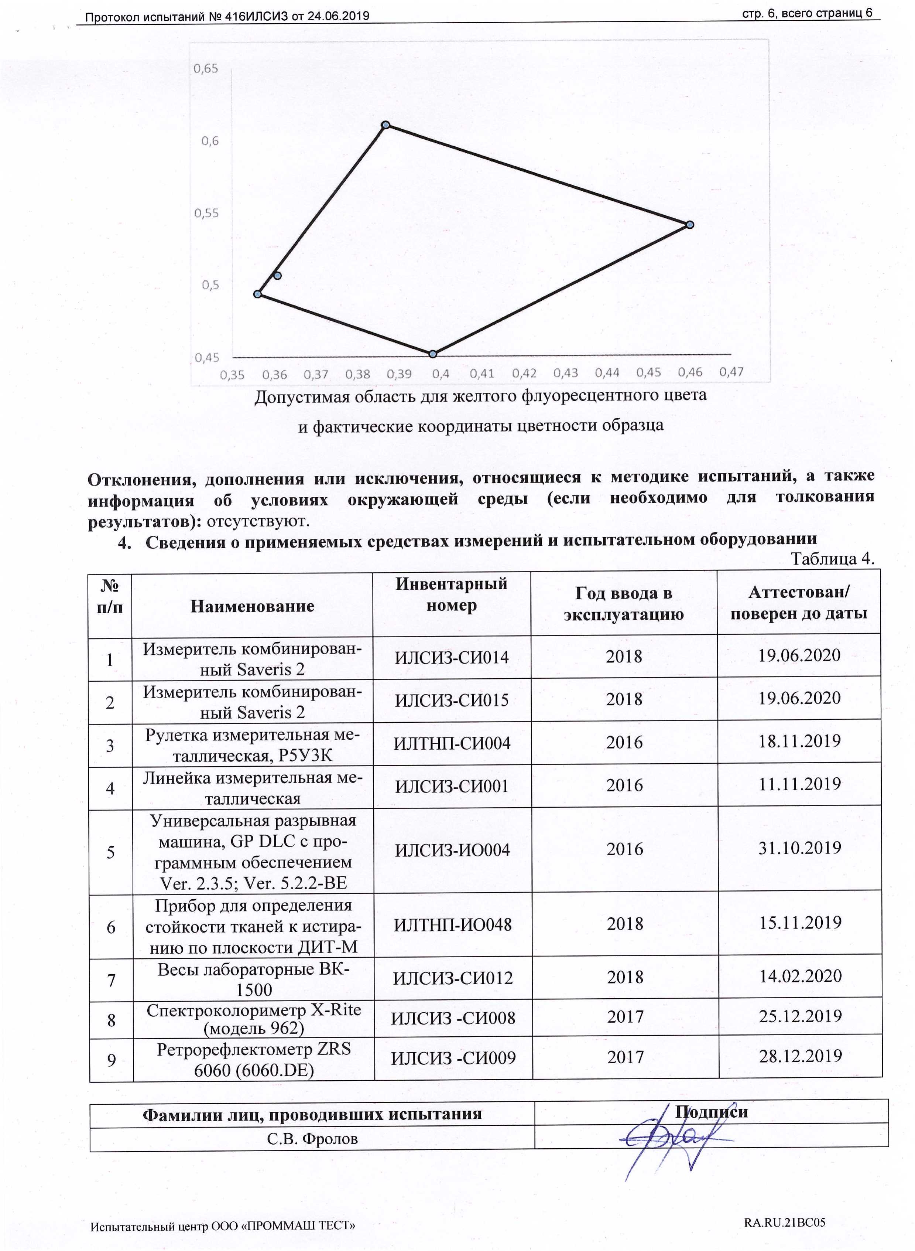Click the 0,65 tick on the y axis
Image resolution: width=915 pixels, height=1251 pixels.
pos(205,69)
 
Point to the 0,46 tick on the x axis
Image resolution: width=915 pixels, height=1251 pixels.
pos(690,372)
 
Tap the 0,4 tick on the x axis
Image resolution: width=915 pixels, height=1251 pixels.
pos(440,374)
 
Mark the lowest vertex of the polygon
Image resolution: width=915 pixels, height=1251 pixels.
pos(433,354)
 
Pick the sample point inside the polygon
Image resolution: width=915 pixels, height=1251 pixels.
pos(278,275)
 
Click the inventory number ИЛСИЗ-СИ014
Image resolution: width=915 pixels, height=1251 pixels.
pos(451,657)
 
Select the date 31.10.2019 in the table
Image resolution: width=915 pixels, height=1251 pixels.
pos(799,847)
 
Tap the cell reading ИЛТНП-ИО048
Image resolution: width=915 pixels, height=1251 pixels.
pos(453,924)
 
